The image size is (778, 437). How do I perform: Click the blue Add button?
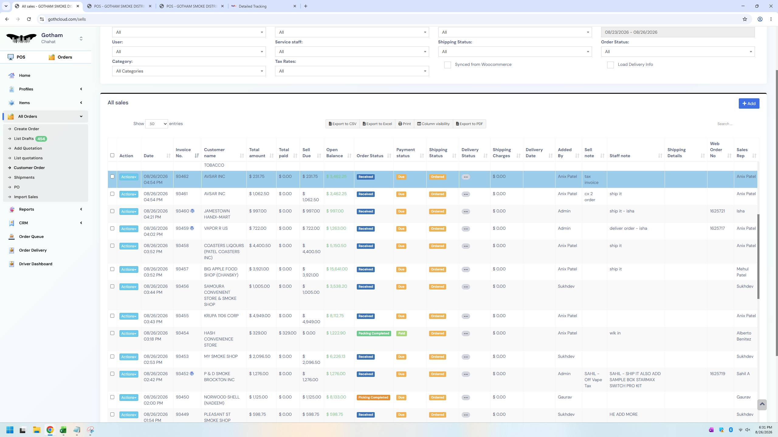tap(749, 103)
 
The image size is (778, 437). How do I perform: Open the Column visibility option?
tap(433, 124)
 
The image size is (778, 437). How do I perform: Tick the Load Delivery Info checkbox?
tap(610, 65)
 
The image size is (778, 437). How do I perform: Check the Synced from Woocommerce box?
tap(447, 65)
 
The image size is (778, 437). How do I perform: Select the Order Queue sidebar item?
tap(31, 236)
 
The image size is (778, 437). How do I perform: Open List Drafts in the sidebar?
tap(24, 139)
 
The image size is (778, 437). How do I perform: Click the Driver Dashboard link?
tap(36, 264)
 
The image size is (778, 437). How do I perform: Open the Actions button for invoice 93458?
tap(129, 246)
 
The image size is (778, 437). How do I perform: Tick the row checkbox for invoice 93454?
tap(112, 333)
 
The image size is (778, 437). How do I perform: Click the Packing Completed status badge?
tap(374, 333)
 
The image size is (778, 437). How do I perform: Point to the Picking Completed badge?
tap(373, 397)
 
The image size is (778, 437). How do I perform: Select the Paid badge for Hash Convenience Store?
tap(401, 333)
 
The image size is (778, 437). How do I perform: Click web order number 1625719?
tap(717, 374)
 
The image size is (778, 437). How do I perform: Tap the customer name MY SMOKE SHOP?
tap(221, 356)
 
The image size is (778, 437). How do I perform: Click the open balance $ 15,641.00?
tap(337, 269)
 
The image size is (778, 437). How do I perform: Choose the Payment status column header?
tap(405, 153)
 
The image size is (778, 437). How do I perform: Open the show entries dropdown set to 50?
tap(157, 124)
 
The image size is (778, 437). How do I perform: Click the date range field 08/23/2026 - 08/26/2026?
tap(678, 32)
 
